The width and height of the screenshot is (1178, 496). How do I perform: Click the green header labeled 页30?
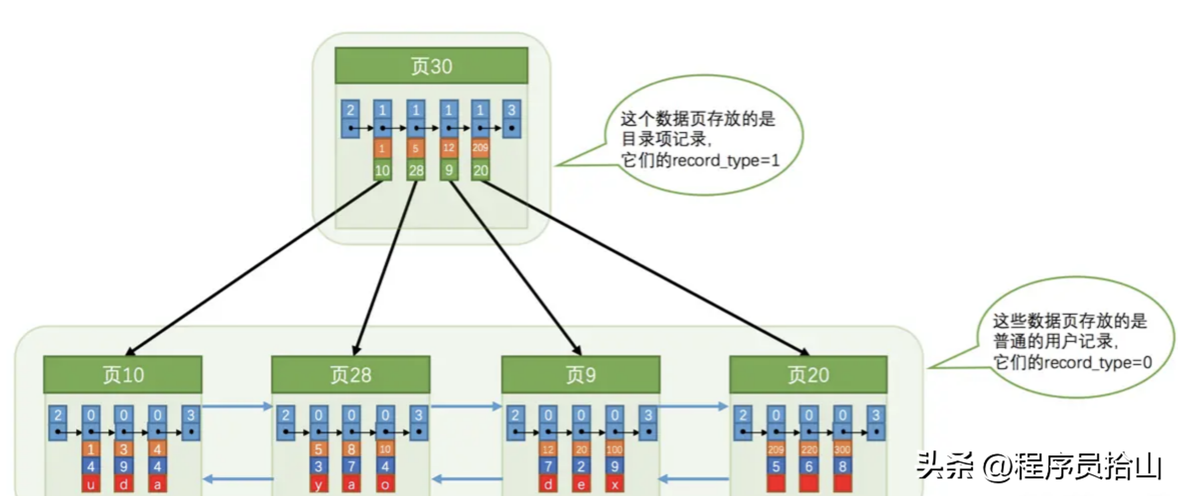click(431, 66)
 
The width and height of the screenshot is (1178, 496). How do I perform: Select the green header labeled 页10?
click(123, 375)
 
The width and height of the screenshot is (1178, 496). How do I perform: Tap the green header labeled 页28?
click(350, 375)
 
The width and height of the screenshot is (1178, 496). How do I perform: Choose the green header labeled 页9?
click(580, 375)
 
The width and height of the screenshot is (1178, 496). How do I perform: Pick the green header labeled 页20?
click(808, 375)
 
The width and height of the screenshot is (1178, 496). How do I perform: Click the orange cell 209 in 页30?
click(480, 147)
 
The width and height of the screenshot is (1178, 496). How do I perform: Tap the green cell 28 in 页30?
click(416, 170)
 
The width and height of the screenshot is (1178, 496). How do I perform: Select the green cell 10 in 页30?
click(382, 170)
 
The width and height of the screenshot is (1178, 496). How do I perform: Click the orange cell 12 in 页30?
click(448, 147)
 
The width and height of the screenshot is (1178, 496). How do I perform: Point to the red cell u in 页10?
click(91, 484)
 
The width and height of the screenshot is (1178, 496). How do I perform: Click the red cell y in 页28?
click(318, 484)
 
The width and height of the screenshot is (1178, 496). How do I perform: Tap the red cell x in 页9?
click(614, 484)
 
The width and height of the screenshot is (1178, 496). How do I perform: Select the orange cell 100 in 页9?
click(614, 449)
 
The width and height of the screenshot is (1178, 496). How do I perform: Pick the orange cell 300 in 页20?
click(842, 449)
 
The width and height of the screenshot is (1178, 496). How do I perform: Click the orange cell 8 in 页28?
click(351, 449)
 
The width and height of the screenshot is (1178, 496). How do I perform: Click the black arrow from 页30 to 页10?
click(252, 268)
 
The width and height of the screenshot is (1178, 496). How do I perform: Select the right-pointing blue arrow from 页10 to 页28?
click(237, 406)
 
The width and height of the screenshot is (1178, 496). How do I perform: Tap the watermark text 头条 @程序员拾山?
click(1040, 466)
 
